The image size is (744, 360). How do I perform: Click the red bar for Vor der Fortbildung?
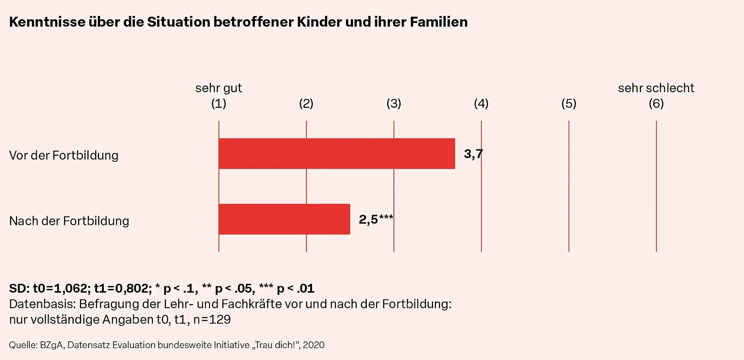(337, 154)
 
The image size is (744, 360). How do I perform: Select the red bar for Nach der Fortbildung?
(284, 219)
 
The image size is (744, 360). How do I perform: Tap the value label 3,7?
(473, 154)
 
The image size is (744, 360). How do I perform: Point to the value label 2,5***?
(375, 219)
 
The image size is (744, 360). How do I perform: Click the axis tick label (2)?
(306, 103)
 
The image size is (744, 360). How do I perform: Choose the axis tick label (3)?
(394, 103)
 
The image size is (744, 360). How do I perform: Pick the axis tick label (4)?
(481, 103)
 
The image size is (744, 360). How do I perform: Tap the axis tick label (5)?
(568, 103)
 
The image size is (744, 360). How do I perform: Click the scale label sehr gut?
(218, 88)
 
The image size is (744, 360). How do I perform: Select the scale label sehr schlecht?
(656, 88)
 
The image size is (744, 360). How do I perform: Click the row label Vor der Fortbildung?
(64, 155)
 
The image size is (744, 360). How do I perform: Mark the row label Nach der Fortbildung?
(69, 221)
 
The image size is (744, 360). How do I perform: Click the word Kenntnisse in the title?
(47, 22)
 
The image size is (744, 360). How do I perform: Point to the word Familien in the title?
(439, 22)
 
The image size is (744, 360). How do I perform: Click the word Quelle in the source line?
(23, 345)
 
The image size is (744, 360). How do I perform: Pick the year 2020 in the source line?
(314, 345)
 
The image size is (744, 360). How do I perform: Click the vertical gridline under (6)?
(656, 186)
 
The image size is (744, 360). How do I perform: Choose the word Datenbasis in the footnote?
(42, 304)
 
